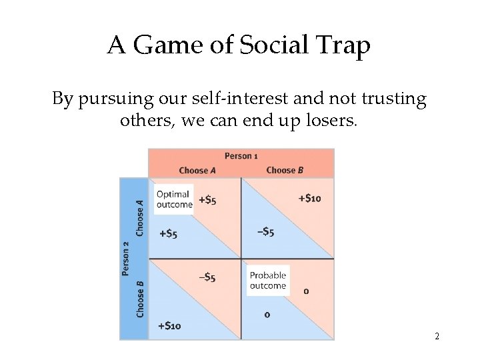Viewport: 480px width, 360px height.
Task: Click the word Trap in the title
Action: click(344, 45)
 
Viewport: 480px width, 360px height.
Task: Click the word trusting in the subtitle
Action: click(393, 99)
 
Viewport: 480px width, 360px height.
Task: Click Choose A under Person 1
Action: click(197, 170)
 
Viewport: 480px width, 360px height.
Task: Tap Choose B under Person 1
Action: click(285, 170)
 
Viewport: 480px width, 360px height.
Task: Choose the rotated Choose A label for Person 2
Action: click(139, 217)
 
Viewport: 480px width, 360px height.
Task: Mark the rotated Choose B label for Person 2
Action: click(139, 298)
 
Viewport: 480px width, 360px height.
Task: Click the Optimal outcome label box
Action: click(173, 199)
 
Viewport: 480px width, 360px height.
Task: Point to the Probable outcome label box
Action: click(267, 281)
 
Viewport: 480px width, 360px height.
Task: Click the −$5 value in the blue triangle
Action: click(265, 232)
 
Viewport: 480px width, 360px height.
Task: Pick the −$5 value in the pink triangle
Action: click(207, 277)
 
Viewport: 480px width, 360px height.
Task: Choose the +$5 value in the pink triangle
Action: click(207, 200)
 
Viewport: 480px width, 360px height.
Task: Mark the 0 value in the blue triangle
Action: click(267, 314)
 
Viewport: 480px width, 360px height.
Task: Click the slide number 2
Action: click(437, 337)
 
